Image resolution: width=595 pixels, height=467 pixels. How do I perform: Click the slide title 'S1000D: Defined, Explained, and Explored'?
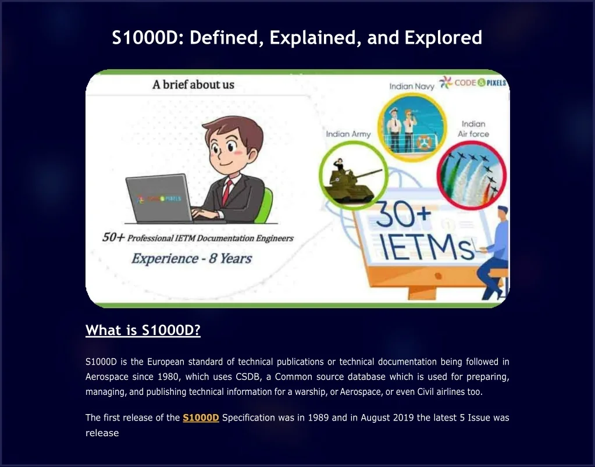[x=297, y=38]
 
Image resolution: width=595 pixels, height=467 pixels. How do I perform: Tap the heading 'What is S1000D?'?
[x=142, y=330]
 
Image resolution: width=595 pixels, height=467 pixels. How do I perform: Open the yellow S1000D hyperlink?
[x=201, y=418]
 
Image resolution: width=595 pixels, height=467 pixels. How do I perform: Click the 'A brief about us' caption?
[x=193, y=85]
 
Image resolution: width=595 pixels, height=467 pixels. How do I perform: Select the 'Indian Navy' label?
[x=412, y=86]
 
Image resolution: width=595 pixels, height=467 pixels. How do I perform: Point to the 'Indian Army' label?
[x=348, y=134]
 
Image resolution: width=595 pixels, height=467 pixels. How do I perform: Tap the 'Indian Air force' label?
[x=473, y=129]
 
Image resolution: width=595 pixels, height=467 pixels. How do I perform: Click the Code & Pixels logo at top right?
[x=473, y=83]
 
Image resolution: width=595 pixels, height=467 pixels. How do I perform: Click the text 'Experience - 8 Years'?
[x=191, y=258]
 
